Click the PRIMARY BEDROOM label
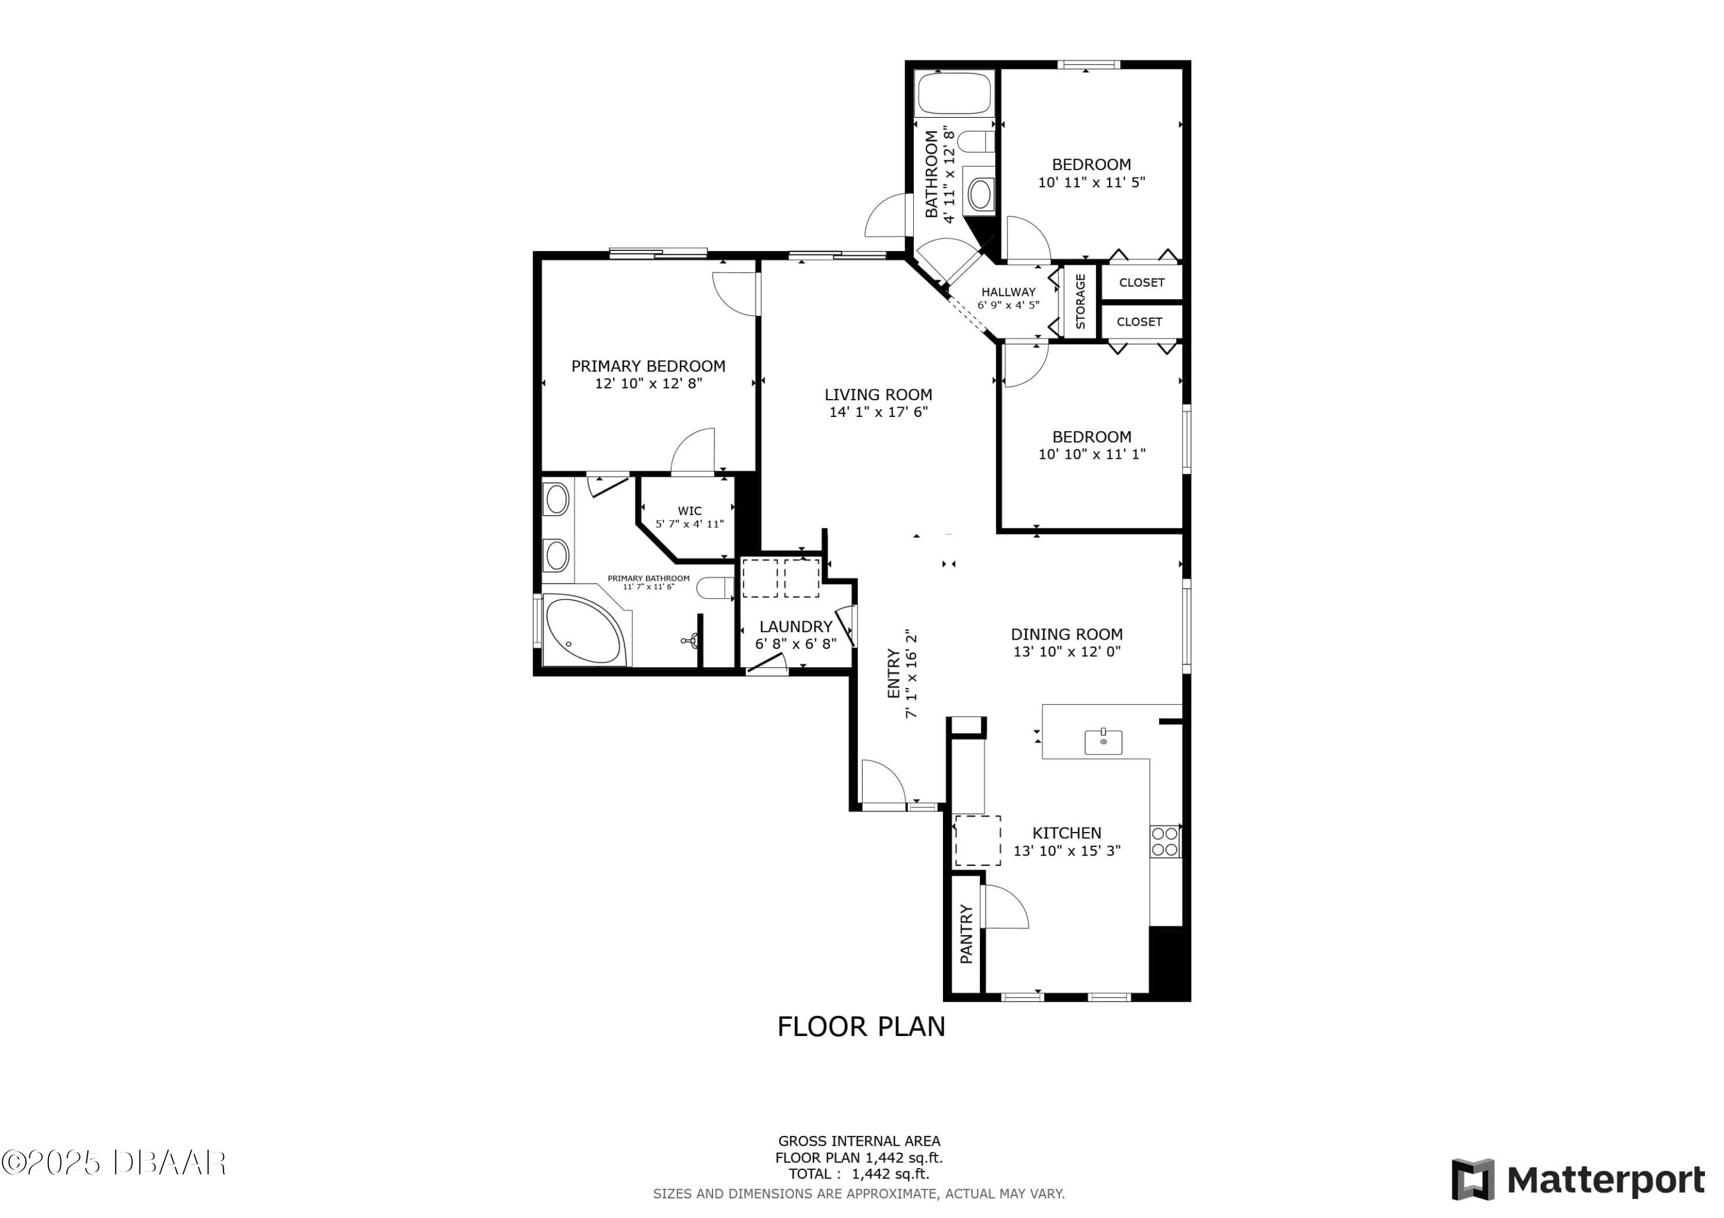pyautogui.click(x=648, y=366)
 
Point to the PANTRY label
pyautogui.click(x=967, y=934)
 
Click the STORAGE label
pyautogui.click(x=1080, y=301)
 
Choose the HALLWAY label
pyautogui.click(x=1009, y=292)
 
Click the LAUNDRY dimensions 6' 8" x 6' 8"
pyautogui.click(x=795, y=644)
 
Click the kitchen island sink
pyautogui.click(x=1103, y=741)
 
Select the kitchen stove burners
pyautogui.click(x=1165, y=841)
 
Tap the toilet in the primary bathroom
pyautogui.click(x=715, y=587)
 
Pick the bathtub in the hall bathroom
pyautogui.click(x=955, y=93)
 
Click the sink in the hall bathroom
pyautogui.click(x=979, y=194)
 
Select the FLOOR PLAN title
pyautogui.click(x=861, y=1027)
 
